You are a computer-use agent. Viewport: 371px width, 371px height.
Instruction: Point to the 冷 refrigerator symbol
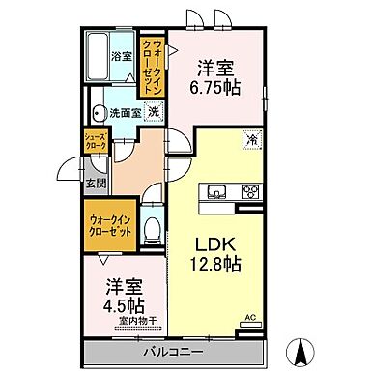tap(250, 138)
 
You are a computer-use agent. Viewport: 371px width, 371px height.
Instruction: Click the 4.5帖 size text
tap(121, 304)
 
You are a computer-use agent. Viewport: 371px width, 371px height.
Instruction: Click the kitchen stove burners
tap(249, 189)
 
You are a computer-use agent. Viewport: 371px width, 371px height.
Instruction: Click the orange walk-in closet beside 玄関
tap(105, 228)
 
